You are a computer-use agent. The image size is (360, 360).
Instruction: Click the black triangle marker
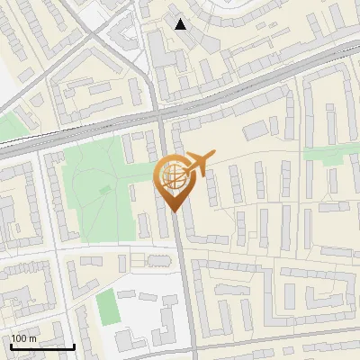(181, 24)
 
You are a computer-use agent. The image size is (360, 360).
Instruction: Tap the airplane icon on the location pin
(201, 164)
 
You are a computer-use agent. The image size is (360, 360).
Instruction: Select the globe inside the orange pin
(171, 175)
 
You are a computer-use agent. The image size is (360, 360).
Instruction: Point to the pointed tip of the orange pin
(171, 211)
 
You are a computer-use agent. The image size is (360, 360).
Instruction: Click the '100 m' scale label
(23, 338)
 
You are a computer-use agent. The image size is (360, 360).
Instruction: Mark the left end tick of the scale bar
(10, 346)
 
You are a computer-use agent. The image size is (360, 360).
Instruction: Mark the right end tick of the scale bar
(74, 346)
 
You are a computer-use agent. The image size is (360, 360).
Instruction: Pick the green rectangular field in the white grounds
(108, 308)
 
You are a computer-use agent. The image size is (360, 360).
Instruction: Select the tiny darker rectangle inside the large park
(105, 189)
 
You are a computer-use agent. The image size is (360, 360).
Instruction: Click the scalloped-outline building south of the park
(158, 260)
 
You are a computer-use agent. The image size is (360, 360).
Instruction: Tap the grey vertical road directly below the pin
(183, 270)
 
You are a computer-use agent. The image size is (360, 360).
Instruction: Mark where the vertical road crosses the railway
(160, 115)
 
